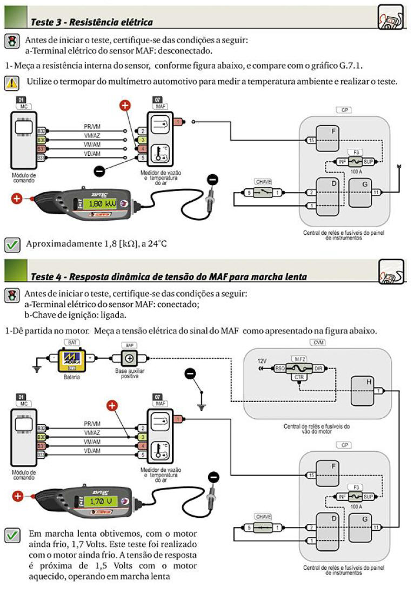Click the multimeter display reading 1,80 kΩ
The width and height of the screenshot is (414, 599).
pos(103,203)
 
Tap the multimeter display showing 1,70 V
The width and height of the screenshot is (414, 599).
pos(101,501)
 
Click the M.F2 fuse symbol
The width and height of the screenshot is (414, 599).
pos(300,368)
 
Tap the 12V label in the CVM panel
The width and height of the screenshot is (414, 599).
pos(262,360)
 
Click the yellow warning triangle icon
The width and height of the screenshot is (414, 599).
pos(11,82)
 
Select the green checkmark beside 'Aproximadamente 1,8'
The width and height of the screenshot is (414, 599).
pos(11,244)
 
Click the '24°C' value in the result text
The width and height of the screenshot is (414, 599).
pos(155,244)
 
